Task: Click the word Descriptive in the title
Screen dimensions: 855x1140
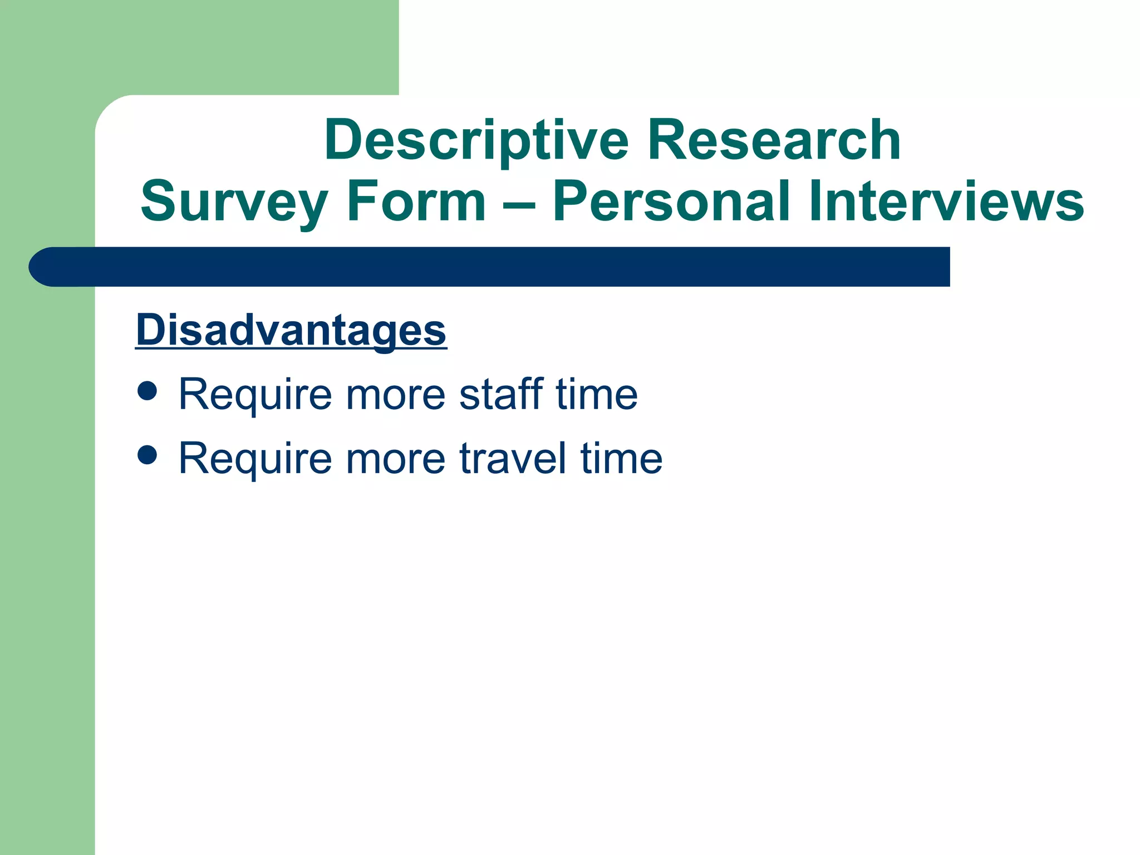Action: click(476, 140)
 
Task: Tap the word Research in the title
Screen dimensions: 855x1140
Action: click(773, 140)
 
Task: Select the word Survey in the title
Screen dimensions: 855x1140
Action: click(234, 202)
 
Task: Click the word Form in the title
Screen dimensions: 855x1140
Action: click(416, 202)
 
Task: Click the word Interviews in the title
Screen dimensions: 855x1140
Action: click(946, 202)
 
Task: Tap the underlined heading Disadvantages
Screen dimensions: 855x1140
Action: click(291, 330)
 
